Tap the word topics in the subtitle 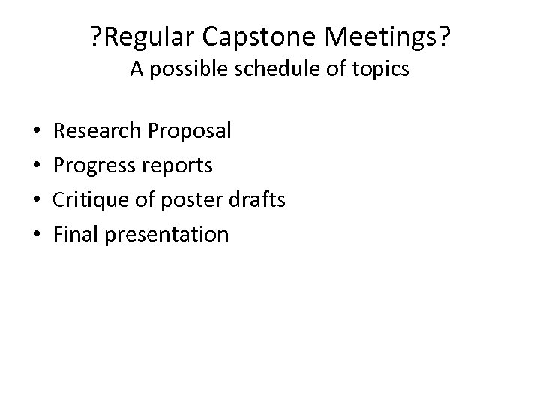[x=378, y=70]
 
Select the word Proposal [x=189, y=131]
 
